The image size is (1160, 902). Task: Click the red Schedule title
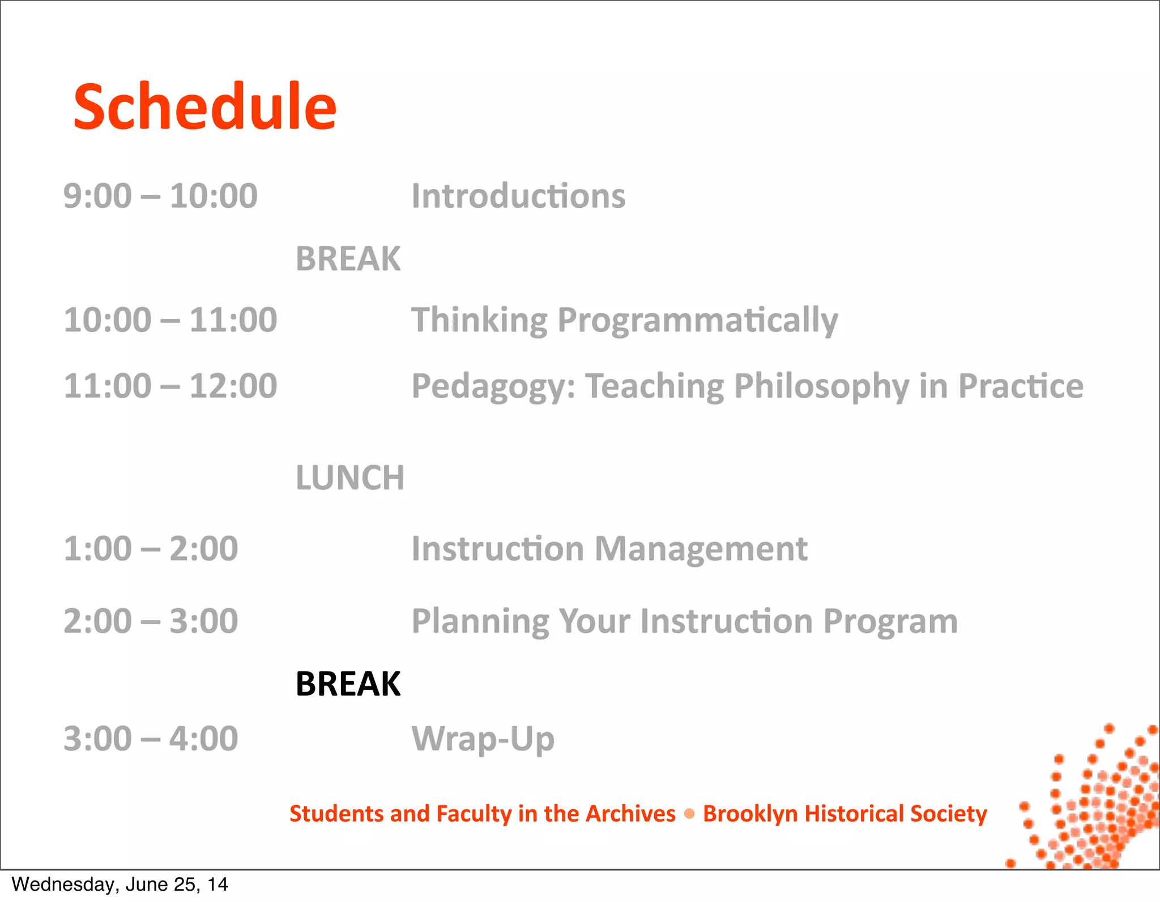coord(205,106)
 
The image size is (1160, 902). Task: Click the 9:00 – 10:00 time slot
coord(160,196)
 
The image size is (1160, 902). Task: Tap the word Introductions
coord(518,196)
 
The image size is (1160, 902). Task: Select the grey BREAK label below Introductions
coord(348,259)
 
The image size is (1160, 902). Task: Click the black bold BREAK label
coord(348,683)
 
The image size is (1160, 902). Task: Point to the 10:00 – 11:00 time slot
coord(170,320)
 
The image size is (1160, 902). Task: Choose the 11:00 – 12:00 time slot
coord(170,386)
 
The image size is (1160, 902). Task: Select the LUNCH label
coord(350,477)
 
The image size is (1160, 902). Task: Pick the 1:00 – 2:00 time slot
coord(151,549)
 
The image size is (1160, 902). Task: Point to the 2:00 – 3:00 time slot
coord(151,621)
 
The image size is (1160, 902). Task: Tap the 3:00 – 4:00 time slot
coord(151,739)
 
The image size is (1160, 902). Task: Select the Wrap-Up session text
coord(483,739)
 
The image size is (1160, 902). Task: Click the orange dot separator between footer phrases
coord(689,814)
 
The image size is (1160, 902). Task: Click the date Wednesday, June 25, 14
coord(120,884)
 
